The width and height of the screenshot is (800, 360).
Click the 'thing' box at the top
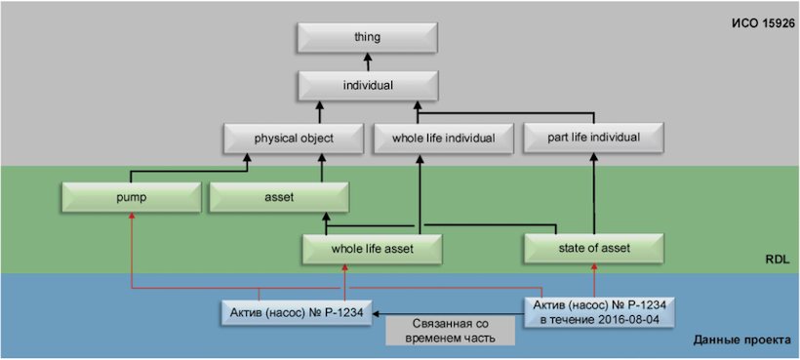pos(367,37)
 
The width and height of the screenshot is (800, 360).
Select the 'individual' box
pos(367,86)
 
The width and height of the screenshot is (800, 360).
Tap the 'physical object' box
pos(294,139)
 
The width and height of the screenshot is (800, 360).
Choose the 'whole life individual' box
pos(443,139)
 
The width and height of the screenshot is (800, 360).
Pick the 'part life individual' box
pos(593,138)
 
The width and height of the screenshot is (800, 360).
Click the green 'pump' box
pos(131,198)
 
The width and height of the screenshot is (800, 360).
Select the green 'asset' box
pos(280,198)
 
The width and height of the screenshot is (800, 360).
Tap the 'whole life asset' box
pos(372,249)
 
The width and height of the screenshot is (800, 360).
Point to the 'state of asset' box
pos(594,249)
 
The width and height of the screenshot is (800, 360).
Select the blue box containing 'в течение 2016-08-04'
pos(599,313)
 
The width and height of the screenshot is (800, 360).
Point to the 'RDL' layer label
pos(778,260)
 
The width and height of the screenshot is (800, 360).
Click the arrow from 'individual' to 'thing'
pos(367,61)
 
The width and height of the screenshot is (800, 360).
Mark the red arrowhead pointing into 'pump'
pos(132,217)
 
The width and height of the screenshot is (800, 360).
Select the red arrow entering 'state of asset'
pos(594,280)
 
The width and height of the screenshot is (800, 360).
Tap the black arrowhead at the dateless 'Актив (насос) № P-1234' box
pos(374,314)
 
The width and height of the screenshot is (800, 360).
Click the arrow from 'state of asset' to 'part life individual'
pos(594,193)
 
